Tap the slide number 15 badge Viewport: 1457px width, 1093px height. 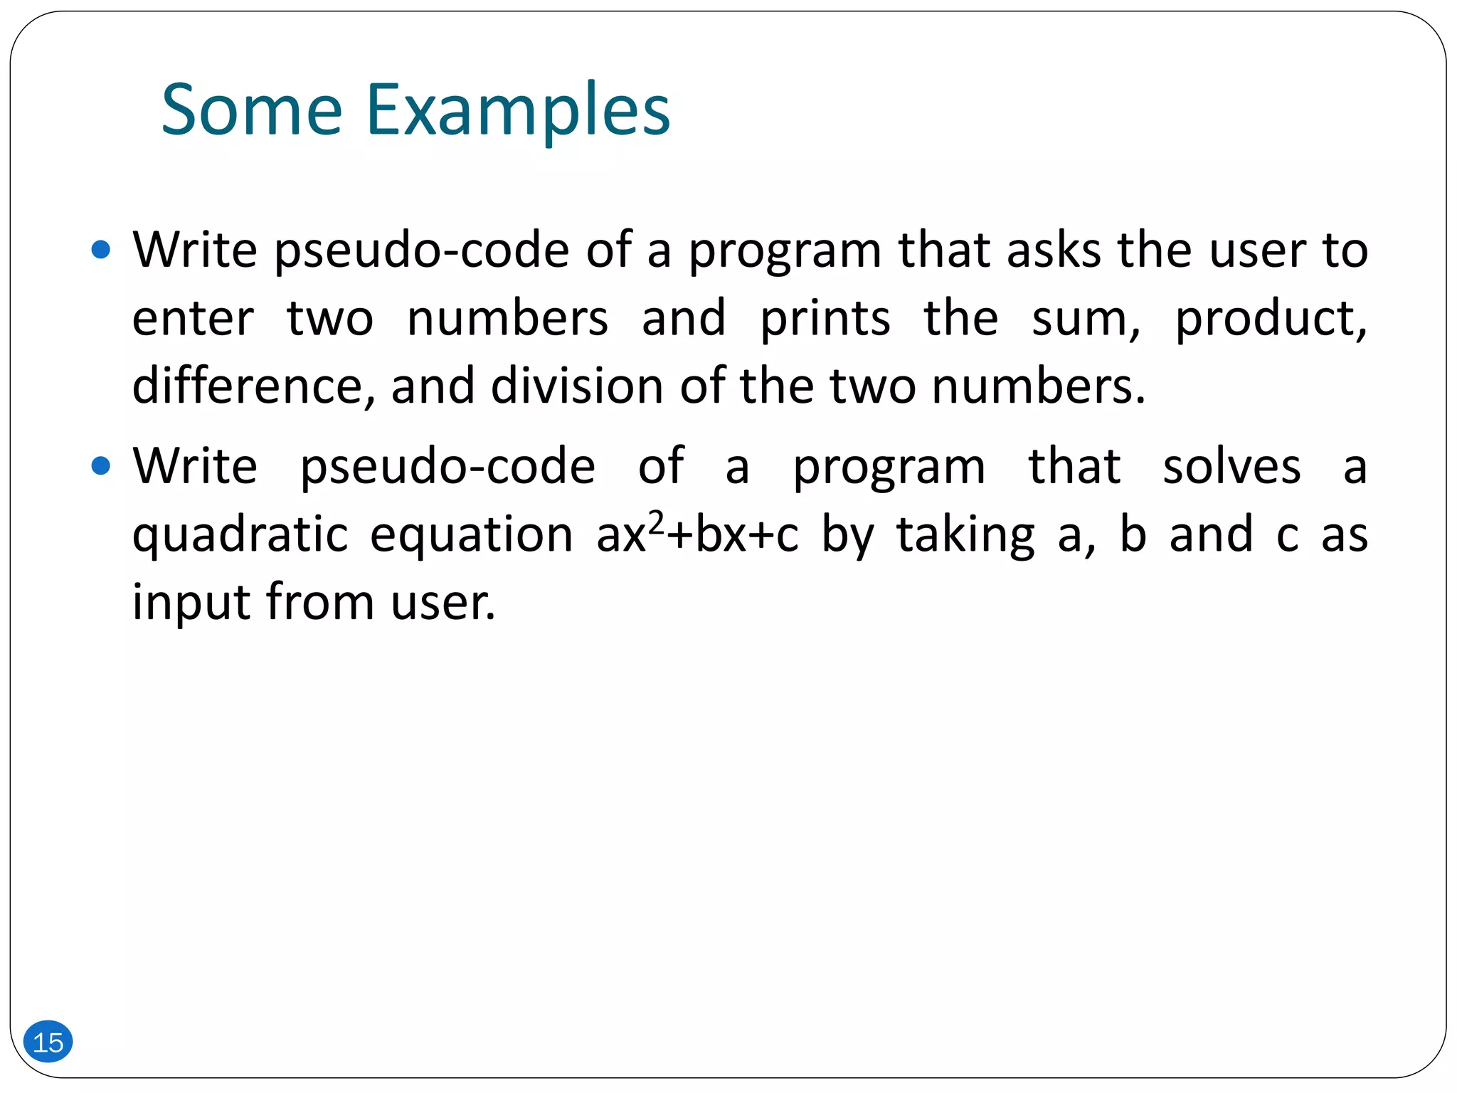(x=48, y=1042)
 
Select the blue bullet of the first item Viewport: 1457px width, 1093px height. (x=102, y=250)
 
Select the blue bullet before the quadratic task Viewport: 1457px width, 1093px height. (x=102, y=466)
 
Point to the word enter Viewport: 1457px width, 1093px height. (x=193, y=319)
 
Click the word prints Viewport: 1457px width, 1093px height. (x=825, y=319)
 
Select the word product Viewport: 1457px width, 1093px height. (x=1271, y=320)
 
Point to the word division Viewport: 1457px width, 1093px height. (x=577, y=386)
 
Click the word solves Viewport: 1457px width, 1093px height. (x=1231, y=467)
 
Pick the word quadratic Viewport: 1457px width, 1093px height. (x=240, y=535)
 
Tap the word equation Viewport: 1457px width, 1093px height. (x=471, y=535)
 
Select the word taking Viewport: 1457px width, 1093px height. (x=965, y=535)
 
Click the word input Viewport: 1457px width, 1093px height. (x=193, y=603)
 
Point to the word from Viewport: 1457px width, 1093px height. (x=320, y=602)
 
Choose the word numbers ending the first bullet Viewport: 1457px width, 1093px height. (x=1038, y=386)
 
